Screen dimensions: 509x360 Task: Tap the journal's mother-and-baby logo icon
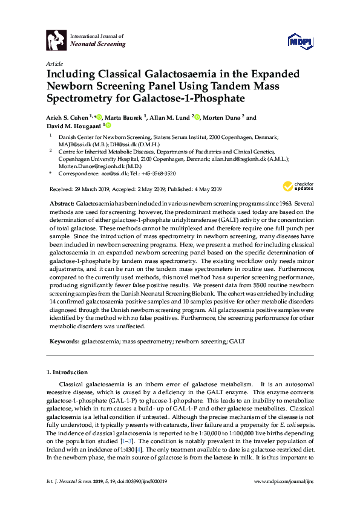[56, 41]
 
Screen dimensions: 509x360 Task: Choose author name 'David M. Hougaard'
[73, 126]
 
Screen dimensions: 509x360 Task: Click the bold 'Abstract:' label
[61, 204]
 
